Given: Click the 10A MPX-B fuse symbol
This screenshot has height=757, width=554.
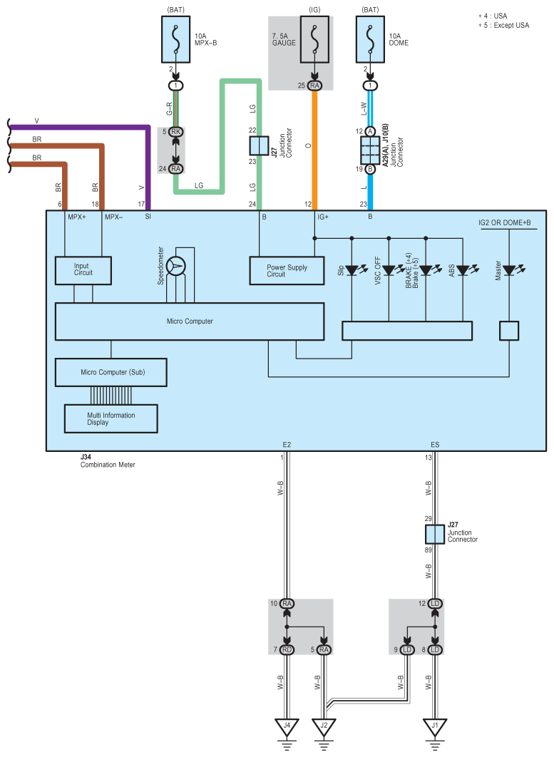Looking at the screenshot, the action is [x=176, y=39].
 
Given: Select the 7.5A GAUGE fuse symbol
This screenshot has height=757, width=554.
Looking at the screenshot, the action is [x=315, y=39].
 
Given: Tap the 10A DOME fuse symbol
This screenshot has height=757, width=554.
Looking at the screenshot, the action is [x=371, y=39].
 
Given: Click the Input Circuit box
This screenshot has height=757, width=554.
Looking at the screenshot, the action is [x=83, y=270].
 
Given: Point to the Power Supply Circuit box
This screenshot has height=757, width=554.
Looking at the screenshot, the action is [x=287, y=271].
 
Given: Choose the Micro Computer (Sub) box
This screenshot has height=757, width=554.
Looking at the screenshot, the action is [x=111, y=372].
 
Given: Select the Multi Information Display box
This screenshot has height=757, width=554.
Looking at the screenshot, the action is [x=111, y=418].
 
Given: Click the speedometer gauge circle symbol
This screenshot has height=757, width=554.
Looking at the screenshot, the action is [x=176, y=266].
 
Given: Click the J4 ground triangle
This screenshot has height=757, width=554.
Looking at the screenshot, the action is [x=287, y=726].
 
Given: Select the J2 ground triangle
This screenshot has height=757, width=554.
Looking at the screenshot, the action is [x=324, y=726].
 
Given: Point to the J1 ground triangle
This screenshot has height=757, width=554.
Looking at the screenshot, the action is [x=435, y=726].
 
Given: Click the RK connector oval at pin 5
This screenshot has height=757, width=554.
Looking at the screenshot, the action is [x=176, y=132].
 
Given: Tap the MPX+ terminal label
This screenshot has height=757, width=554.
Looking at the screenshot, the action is [x=77, y=217].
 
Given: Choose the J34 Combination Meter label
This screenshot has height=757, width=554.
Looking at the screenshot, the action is [x=108, y=460].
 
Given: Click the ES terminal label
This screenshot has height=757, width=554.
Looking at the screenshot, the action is [x=435, y=445].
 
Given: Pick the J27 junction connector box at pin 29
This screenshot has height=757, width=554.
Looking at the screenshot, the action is [x=435, y=535].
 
